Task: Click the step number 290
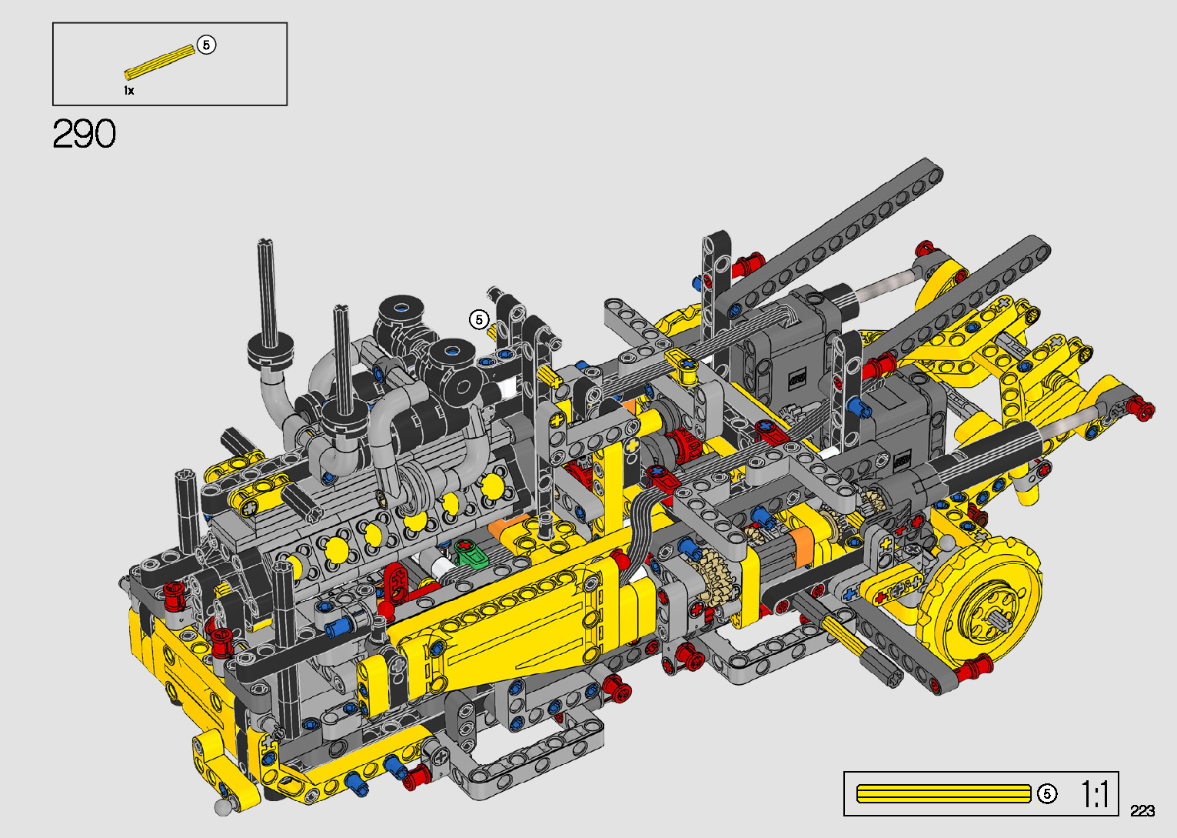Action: point(84,134)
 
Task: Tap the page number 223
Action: point(1142,810)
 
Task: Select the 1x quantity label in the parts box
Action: point(128,91)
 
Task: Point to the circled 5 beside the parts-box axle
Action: point(206,45)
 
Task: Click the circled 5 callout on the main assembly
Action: point(479,319)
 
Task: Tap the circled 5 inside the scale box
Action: point(1046,793)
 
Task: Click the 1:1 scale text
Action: point(1095,794)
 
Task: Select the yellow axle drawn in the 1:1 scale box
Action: point(944,793)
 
